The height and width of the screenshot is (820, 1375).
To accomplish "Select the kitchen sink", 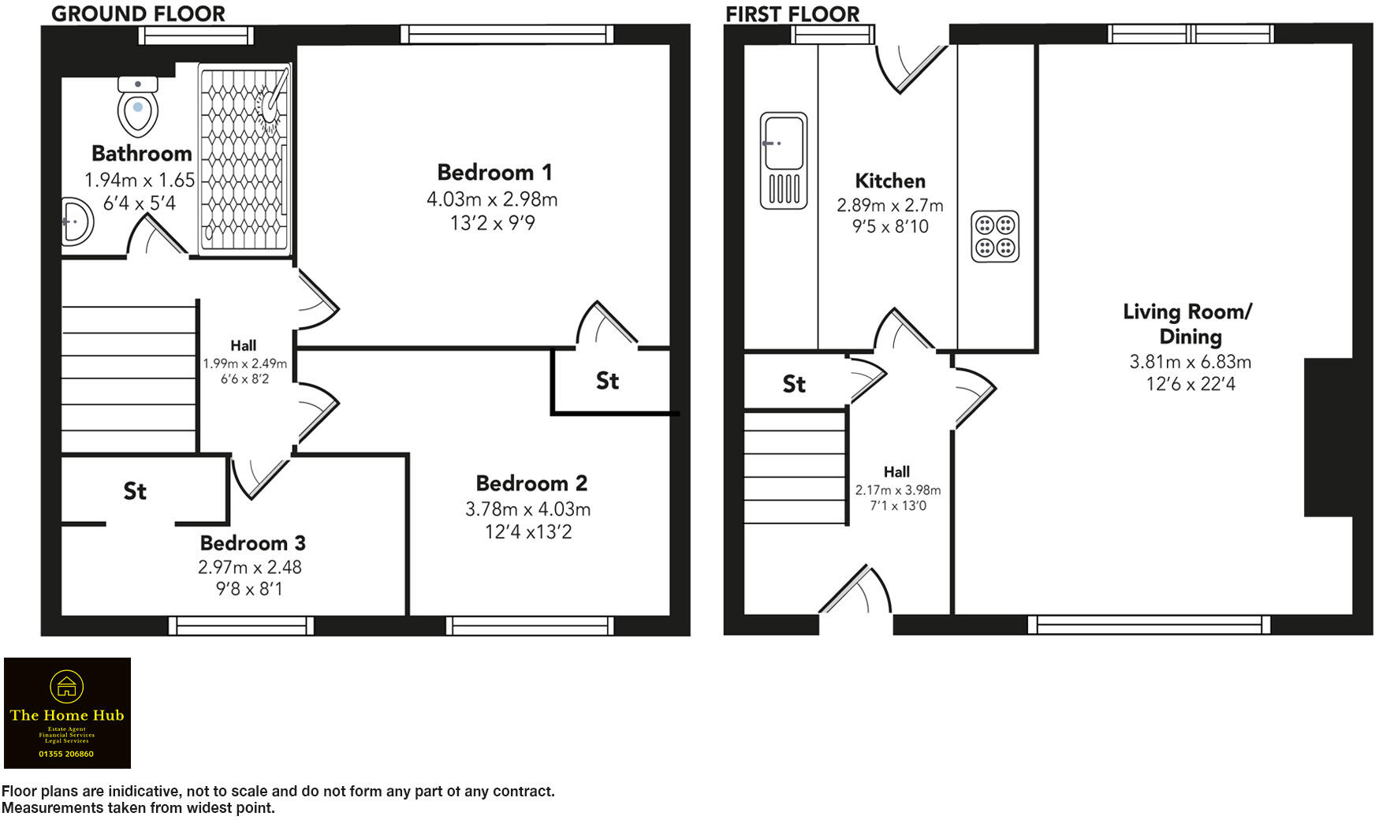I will (x=784, y=160).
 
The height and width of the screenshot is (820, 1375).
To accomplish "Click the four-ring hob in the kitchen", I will (x=995, y=237).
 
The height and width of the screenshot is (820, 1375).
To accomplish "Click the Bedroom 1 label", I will (x=494, y=172).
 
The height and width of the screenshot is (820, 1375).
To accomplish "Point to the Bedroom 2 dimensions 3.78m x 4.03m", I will (x=527, y=509).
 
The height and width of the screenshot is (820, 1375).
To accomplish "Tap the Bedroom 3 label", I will (x=252, y=542).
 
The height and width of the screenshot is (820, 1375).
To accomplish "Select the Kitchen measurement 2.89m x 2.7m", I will (x=889, y=205).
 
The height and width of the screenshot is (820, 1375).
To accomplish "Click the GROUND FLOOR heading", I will (x=138, y=13).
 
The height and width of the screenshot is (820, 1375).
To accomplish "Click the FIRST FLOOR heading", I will (x=792, y=14).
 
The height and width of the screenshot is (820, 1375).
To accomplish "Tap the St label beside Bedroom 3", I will (x=135, y=491).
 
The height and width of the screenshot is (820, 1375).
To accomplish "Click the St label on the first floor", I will (x=794, y=384).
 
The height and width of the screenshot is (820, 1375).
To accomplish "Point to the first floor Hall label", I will (x=896, y=471).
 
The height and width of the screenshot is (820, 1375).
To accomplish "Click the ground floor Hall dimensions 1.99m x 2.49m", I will (x=244, y=363).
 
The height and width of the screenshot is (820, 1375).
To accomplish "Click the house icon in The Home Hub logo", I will (x=66, y=686).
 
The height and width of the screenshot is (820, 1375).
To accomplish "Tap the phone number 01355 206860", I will (x=66, y=754).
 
